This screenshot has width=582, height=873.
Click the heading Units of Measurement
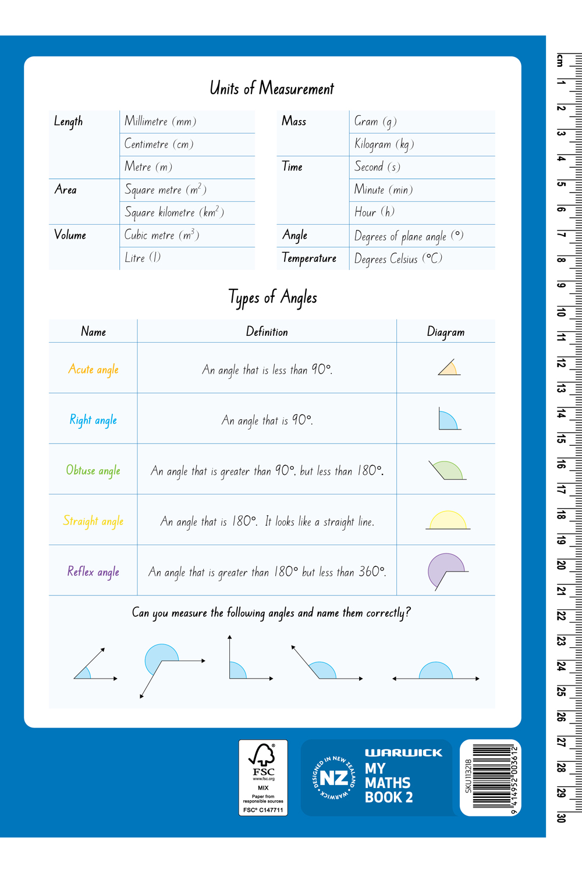[x=272, y=88]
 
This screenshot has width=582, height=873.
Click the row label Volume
[x=70, y=235]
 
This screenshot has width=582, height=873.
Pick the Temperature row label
[x=309, y=258]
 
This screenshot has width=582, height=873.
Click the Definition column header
[x=267, y=332]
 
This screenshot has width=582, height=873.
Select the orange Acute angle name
[x=93, y=370]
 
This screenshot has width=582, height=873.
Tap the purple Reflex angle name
[x=93, y=572]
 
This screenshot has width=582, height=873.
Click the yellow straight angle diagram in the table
[x=448, y=520]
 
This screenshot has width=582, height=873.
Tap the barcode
[x=492, y=777]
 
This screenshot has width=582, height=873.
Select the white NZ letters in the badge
[x=334, y=778]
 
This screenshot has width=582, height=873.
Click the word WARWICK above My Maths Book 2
[x=403, y=753]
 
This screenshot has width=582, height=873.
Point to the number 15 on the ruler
[x=561, y=439]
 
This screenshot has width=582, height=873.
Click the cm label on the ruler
[x=560, y=61]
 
